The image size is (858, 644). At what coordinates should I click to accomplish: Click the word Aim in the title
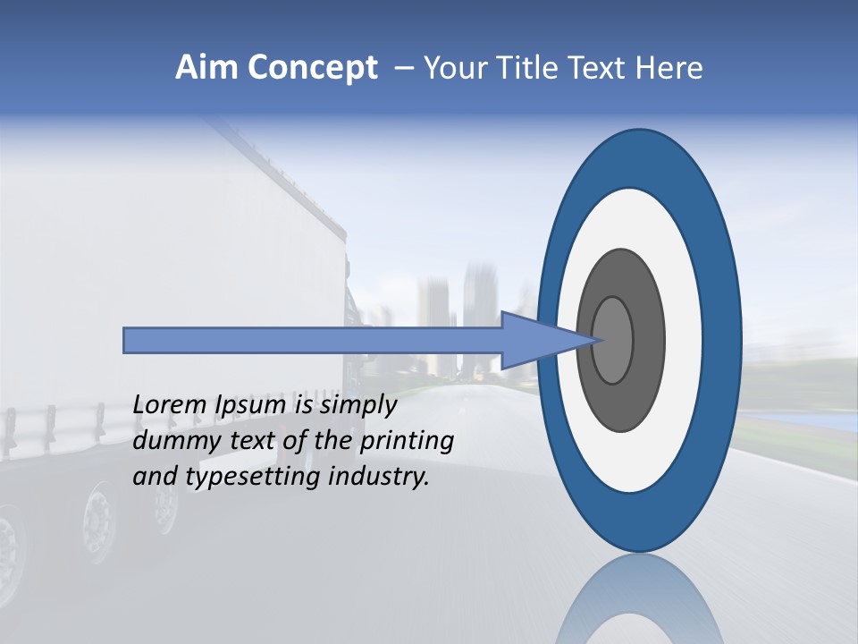tap(206, 68)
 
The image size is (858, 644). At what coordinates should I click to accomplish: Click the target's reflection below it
tap(639, 604)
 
